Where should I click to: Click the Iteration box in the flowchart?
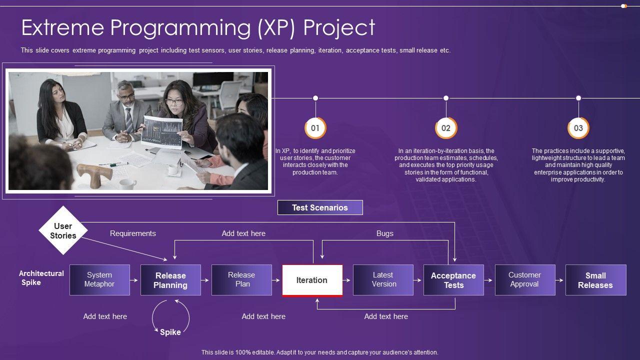click(312, 280)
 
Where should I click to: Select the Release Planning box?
click(170, 280)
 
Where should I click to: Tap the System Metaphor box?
click(99, 280)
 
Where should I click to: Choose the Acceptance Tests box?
click(453, 280)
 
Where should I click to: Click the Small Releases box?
click(595, 280)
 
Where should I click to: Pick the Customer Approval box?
click(524, 280)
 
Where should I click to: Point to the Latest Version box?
click(383, 280)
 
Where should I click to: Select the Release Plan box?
click(241, 280)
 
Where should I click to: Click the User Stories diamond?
click(63, 230)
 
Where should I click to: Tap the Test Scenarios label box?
click(320, 207)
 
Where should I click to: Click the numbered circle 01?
click(315, 128)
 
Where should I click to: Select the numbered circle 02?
click(446, 128)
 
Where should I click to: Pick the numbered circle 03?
click(578, 128)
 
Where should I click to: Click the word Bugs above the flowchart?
click(384, 233)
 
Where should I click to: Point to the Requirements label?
click(132, 233)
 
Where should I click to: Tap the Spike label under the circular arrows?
click(170, 332)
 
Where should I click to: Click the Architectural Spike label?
click(41, 278)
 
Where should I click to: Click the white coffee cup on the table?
click(127, 183)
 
